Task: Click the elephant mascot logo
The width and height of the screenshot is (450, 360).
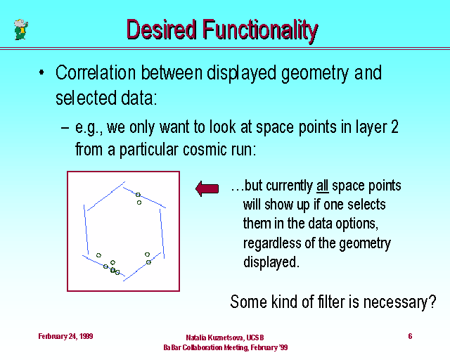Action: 21,30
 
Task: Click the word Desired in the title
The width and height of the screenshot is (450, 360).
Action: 161,30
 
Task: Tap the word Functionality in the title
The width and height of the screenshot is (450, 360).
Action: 260,31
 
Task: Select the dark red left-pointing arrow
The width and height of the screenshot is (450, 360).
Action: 207,188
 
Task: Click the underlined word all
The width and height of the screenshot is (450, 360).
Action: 322,186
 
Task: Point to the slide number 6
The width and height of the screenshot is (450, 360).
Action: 410,336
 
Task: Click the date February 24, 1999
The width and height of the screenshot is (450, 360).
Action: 65,336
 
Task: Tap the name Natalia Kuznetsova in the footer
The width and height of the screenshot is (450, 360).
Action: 215,337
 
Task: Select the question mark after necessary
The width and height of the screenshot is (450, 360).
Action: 432,302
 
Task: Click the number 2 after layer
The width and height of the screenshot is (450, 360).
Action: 394,127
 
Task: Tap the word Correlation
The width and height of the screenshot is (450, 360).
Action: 96,72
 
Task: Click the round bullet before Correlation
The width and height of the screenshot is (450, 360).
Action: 41,72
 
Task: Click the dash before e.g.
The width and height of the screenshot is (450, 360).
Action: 65,127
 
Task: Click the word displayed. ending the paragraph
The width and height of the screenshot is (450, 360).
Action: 271,262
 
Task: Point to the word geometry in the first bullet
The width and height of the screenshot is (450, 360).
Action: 315,74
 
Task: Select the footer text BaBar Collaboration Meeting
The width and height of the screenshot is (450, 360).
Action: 206,347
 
